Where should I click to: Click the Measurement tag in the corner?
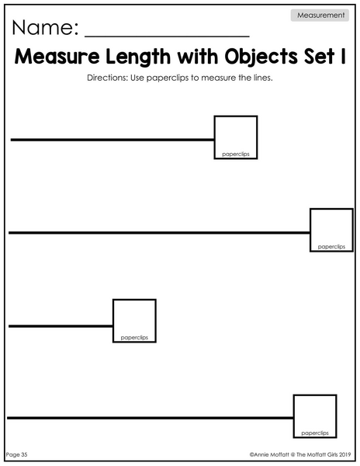320,16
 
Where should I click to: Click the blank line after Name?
167,37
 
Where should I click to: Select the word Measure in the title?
57,57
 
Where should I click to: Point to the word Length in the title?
138,57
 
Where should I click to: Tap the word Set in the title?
319,57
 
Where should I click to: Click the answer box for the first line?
236,116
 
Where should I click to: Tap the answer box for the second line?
331,209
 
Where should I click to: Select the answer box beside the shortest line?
134,300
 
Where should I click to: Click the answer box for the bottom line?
315,395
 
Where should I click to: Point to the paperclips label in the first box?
236,155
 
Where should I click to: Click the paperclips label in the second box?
331,247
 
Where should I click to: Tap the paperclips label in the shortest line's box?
134,338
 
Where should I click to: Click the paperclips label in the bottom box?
315,433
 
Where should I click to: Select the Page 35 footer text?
16,454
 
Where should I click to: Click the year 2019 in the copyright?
344,454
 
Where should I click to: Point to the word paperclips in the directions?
168,78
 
